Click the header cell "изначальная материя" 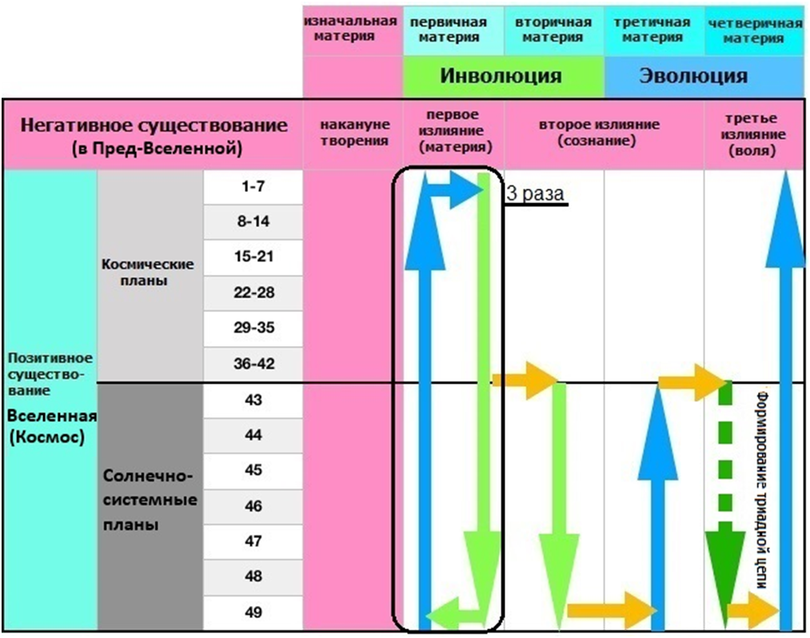click(352, 29)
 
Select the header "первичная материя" click(453, 30)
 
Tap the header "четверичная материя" click(755, 30)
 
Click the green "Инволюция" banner click(501, 77)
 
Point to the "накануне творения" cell click(353, 133)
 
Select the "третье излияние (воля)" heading click(754, 133)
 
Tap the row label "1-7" click(253, 186)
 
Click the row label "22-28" click(253, 293)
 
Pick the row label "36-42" click(253, 365)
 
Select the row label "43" click(253, 400)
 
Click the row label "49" click(253, 612)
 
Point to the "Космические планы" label click(149, 271)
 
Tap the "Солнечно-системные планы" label click(149, 500)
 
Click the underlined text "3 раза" click(536, 194)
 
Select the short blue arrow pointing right click(452, 190)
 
